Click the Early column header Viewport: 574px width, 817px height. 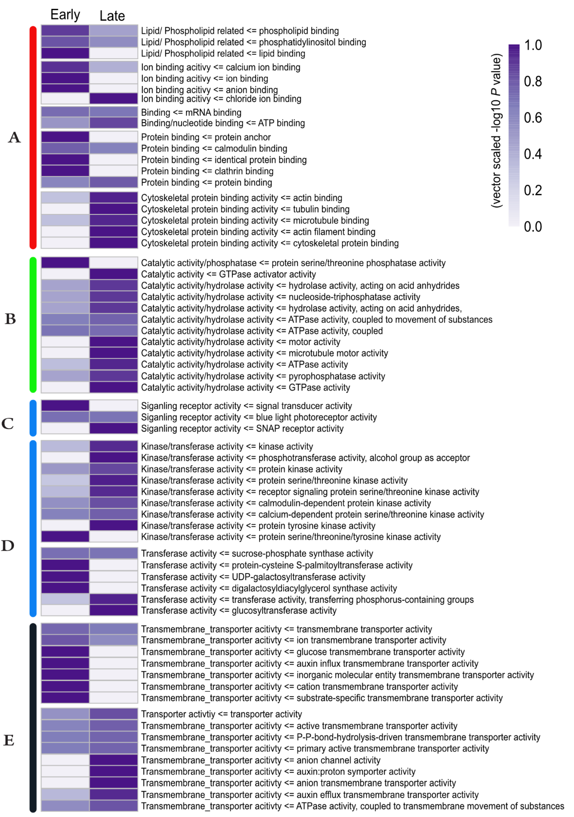(x=65, y=15)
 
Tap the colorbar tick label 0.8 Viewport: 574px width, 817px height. (x=533, y=81)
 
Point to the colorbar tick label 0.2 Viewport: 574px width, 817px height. (x=533, y=190)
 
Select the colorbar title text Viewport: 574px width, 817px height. (x=496, y=131)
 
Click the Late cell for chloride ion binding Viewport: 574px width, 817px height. (x=113, y=99)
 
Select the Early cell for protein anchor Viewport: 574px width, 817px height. (x=65, y=137)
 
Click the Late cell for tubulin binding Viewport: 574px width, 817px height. (x=113, y=209)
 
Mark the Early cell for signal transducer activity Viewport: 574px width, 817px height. (x=65, y=406)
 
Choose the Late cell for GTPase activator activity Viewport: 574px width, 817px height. (x=113, y=274)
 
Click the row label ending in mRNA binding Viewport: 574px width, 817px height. (x=191, y=113)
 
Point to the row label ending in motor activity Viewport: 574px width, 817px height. (x=241, y=342)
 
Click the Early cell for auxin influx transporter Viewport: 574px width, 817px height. (x=65, y=663)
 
